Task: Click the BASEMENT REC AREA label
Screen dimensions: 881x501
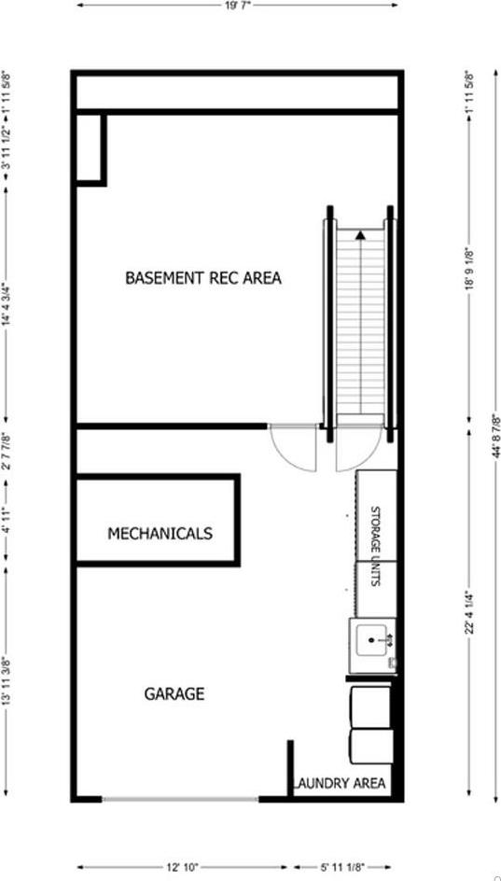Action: [203, 278]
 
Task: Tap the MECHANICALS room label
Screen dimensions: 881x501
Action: [160, 534]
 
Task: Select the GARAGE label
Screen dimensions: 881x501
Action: [174, 694]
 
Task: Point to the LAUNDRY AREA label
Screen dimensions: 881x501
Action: [341, 784]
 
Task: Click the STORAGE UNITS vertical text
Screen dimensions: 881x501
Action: [376, 546]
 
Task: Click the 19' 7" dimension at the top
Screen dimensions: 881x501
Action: [237, 5]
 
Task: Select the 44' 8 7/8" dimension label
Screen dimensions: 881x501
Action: [495, 439]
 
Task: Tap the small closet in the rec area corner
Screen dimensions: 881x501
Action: [89, 147]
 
